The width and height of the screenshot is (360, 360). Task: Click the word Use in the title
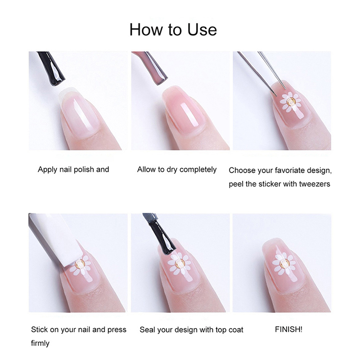[x=202, y=29]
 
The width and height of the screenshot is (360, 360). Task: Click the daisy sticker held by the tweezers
[x=290, y=102]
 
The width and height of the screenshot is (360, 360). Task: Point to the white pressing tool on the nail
[x=55, y=239]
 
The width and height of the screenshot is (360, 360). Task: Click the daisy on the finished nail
[x=283, y=263]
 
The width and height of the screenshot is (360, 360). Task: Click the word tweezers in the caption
[x=315, y=184]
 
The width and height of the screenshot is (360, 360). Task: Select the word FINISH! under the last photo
[x=288, y=329]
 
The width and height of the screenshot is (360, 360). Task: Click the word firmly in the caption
[x=40, y=343]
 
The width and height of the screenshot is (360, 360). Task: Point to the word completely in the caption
[x=198, y=170]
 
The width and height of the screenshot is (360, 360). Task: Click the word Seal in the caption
[x=147, y=330]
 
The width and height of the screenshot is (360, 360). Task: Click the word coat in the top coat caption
[x=236, y=330]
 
